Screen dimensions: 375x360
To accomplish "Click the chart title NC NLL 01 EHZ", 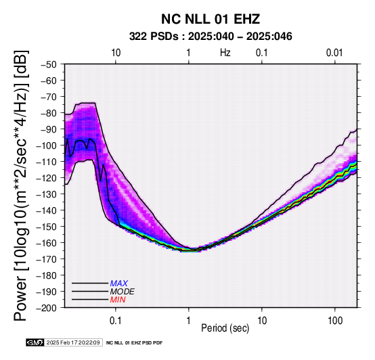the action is click(x=211, y=19).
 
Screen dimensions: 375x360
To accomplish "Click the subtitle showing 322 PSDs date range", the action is click(x=211, y=37).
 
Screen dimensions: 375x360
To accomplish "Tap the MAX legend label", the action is click(x=119, y=284).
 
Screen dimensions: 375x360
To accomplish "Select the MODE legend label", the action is click(x=123, y=292).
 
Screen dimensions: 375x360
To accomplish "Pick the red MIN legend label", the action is click(x=118, y=300).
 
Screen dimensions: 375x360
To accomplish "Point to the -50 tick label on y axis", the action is click(x=49, y=64).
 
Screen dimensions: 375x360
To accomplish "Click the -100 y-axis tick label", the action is click(x=47, y=145).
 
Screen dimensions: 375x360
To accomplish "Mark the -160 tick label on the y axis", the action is click(x=47, y=243).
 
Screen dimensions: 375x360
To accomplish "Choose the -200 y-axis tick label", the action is click(x=47, y=308).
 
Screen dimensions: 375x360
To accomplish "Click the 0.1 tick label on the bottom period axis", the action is click(x=116, y=321).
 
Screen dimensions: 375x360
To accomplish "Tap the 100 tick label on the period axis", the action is click(x=335, y=321).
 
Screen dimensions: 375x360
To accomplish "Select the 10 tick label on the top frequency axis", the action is click(x=116, y=53).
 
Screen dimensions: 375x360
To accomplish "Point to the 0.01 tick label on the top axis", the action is click(x=334, y=53).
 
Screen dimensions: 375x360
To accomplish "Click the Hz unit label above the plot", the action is click(x=225, y=53).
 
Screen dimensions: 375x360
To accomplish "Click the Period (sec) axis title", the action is click(x=225, y=328).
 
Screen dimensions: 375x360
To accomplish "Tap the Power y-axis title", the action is click(x=21, y=185).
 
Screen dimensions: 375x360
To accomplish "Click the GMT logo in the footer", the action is click(x=35, y=343).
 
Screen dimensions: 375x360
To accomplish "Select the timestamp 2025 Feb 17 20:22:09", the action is click(x=73, y=343).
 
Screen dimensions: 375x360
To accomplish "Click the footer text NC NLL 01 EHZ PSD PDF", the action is click(x=135, y=343).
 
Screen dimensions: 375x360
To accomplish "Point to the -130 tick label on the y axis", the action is click(x=47, y=194).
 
